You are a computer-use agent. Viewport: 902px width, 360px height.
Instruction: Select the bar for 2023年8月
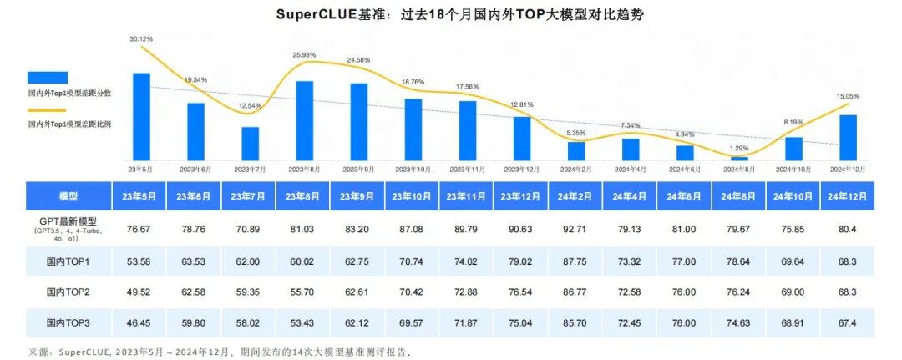point(304,120)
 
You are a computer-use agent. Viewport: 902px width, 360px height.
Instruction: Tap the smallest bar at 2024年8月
point(739,158)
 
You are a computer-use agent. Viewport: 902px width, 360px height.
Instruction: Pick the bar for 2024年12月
point(848,137)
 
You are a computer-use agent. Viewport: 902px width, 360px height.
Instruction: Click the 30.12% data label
point(140,39)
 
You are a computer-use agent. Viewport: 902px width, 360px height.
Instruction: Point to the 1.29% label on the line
point(740,149)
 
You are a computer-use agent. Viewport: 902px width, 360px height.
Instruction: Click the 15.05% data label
point(848,96)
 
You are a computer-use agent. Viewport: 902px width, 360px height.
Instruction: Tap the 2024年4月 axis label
point(631,169)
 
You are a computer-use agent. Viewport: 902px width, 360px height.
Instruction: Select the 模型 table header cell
point(68,197)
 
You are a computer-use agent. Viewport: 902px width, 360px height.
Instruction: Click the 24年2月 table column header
point(576,197)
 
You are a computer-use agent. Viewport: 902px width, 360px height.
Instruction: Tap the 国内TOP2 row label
point(68,292)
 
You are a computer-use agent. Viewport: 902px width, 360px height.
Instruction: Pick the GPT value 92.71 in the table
point(576,228)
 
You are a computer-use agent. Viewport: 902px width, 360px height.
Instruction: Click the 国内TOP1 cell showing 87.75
point(576,261)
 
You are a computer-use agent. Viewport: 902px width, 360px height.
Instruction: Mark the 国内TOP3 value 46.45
point(141,322)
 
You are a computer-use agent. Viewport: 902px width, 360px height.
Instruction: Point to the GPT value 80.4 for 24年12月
point(848,228)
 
